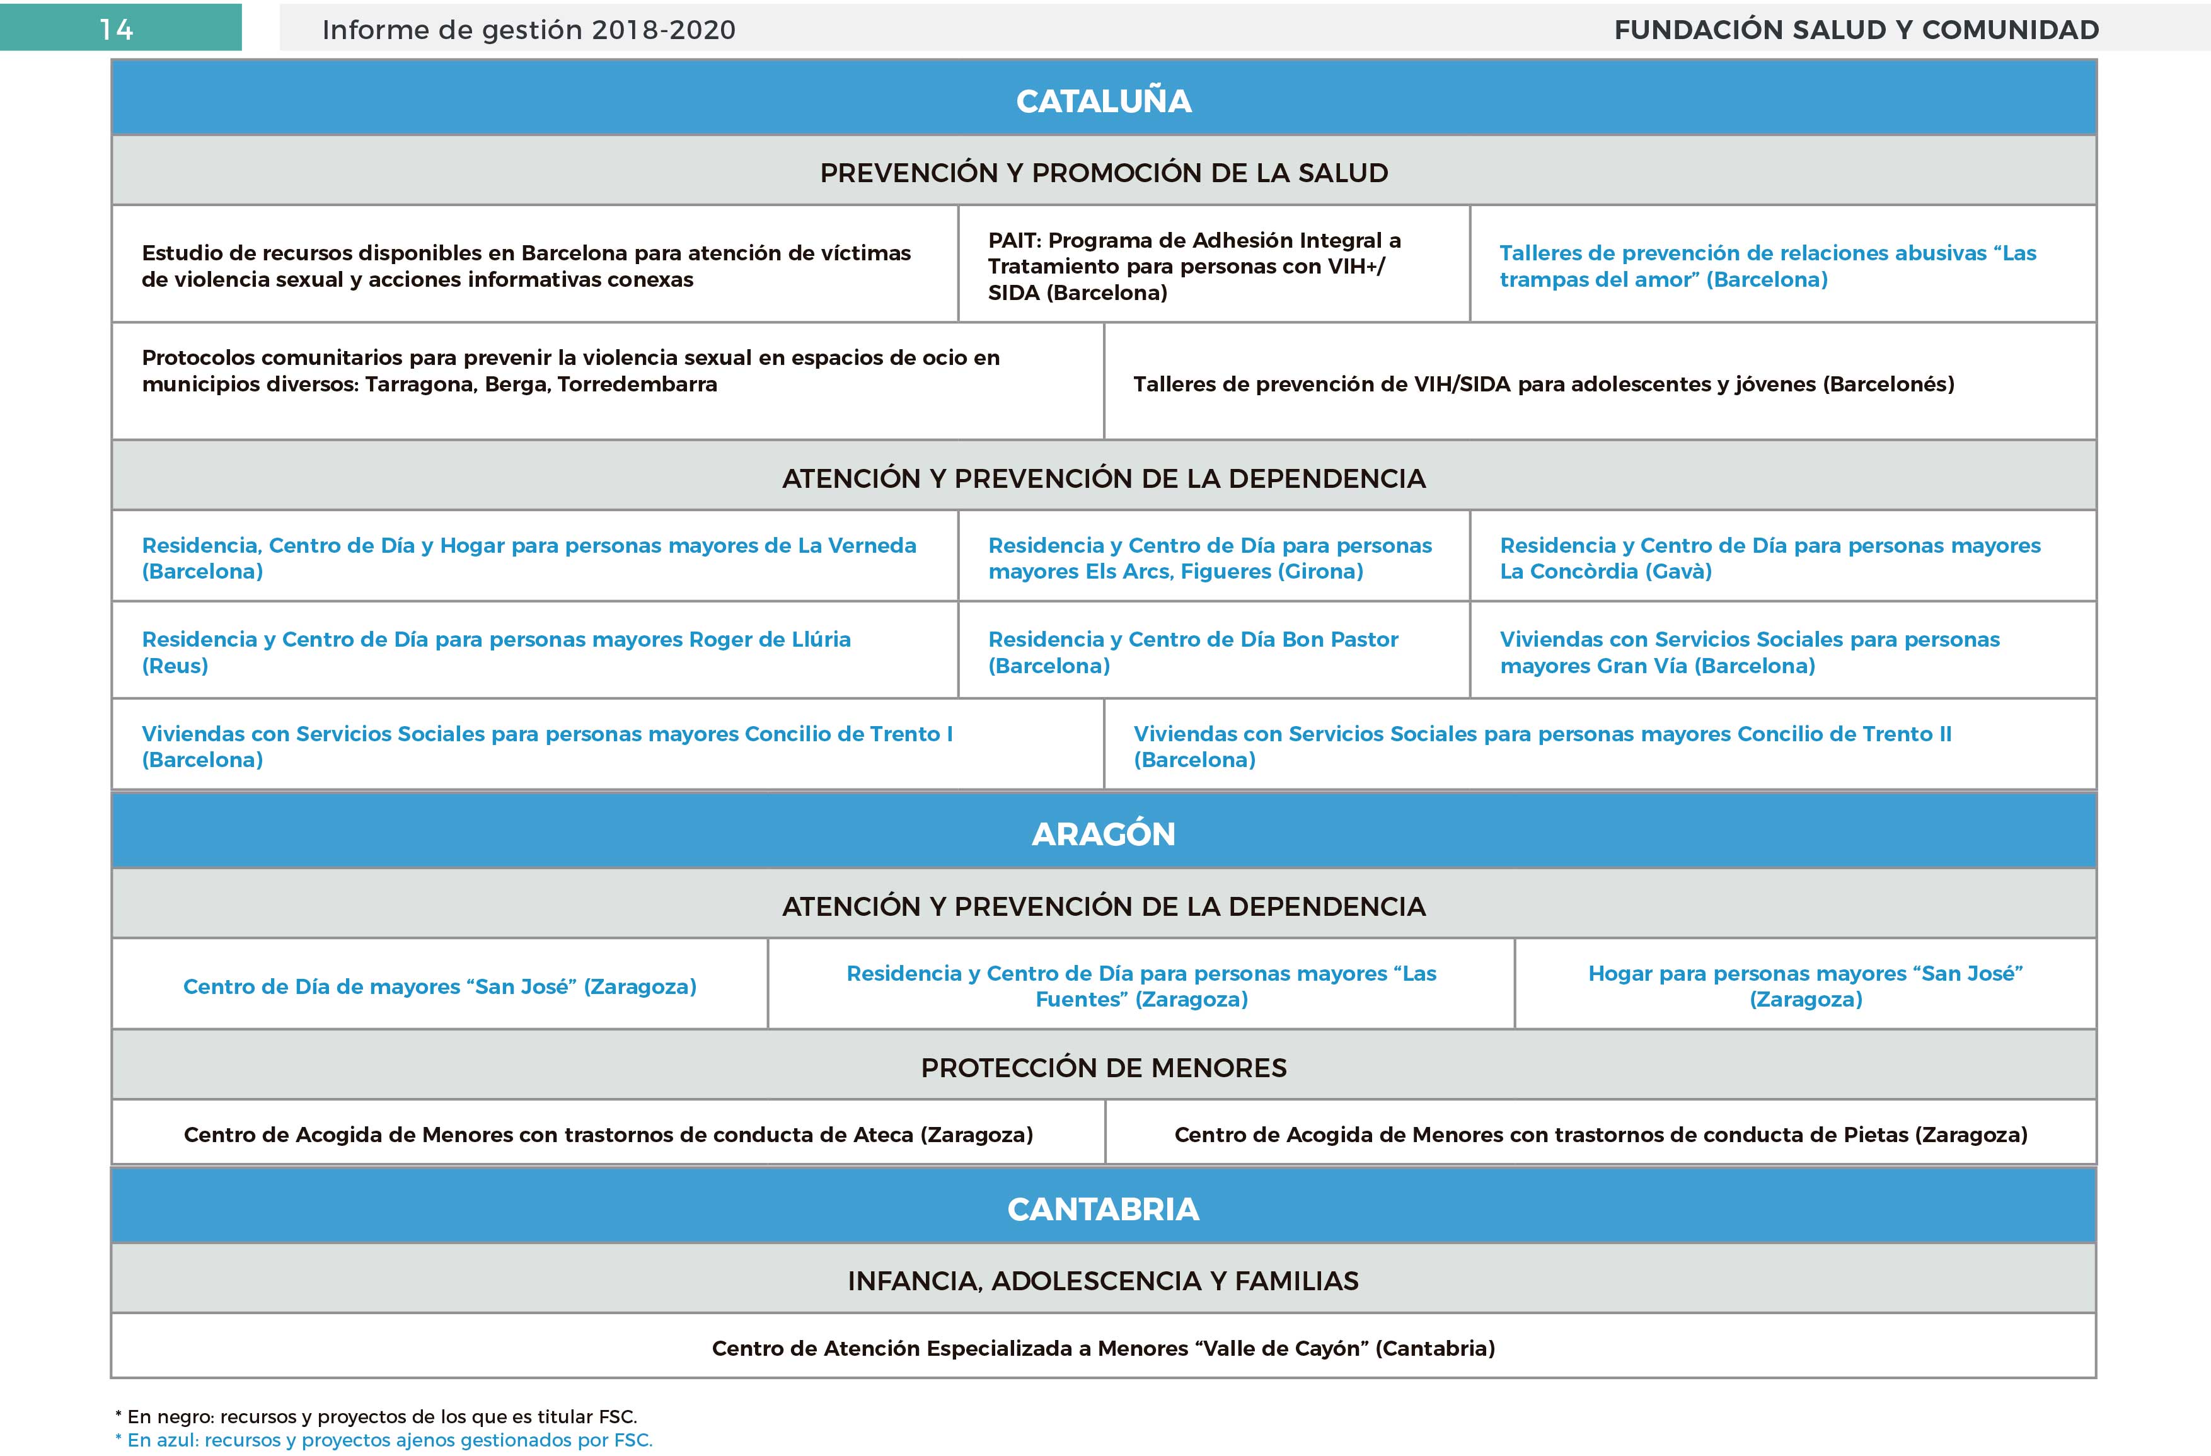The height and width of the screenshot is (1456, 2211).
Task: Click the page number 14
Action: (117, 30)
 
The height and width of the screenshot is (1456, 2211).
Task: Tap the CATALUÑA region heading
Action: (1104, 100)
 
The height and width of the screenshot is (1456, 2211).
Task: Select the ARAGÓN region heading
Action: (1104, 833)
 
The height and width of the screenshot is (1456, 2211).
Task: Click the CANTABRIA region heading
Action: (1104, 1209)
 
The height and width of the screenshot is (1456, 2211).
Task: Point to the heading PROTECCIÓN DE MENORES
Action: (1104, 1068)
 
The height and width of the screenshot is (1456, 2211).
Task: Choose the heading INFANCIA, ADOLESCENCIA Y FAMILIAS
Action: (1104, 1280)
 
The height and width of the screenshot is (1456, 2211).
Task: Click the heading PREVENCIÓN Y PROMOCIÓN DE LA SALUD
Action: (1104, 173)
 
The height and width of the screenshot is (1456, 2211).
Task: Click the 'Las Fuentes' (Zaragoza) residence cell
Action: (1141, 986)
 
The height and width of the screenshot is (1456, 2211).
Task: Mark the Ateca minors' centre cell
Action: (608, 1135)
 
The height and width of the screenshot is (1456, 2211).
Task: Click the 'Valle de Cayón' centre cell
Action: (1104, 1348)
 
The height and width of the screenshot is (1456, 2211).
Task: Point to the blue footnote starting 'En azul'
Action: (384, 1440)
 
